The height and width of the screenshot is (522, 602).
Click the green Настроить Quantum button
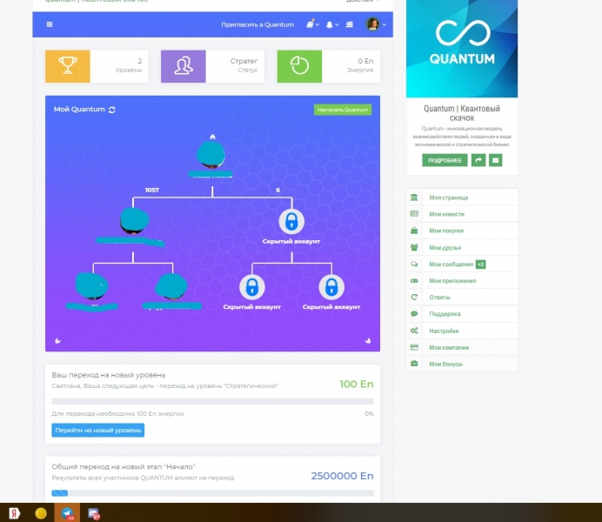pos(343,110)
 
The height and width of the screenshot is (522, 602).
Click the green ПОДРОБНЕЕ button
pos(445,160)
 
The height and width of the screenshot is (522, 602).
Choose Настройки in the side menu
pos(444,331)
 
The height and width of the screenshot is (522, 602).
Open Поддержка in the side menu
pos(445,313)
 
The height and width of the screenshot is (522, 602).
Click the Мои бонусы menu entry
pos(445,364)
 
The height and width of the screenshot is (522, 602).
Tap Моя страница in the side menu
pos(446,197)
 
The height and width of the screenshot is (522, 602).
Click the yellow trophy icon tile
pos(68,66)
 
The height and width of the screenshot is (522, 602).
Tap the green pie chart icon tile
pos(299,66)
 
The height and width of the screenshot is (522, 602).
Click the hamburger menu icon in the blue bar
pos(49,24)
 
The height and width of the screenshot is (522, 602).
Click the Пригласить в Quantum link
pos(258,24)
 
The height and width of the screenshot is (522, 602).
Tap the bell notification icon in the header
pos(330,24)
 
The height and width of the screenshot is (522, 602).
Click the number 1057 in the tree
pos(152,190)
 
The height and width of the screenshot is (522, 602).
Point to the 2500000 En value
pos(342,476)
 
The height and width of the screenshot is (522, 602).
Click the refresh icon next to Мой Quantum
pos(112,110)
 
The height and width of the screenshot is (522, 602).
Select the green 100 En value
pos(356,384)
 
